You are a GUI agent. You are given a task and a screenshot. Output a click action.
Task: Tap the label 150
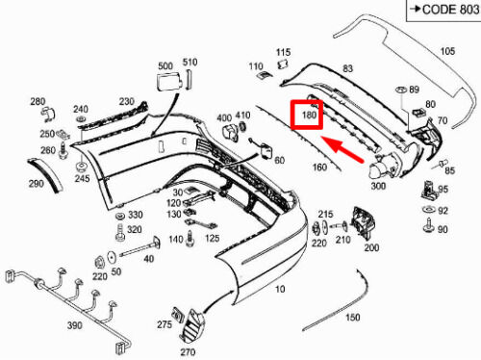(x=352, y=317)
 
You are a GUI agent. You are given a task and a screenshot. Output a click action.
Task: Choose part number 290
(x=36, y=183)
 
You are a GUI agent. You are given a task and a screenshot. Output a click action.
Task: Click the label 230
(x=127, y=101)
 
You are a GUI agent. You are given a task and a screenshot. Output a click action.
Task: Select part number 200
(x=371, y=247)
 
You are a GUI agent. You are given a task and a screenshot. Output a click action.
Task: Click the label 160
(x=319, y=167)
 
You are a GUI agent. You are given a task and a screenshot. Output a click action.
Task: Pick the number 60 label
(x=279, y=160)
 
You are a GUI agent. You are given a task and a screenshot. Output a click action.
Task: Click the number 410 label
(x=243, y=115)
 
